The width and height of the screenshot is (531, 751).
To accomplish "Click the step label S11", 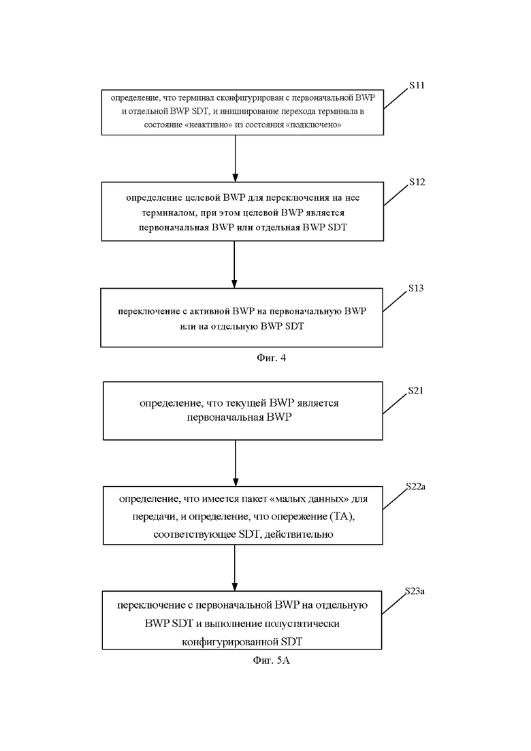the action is point(417,85).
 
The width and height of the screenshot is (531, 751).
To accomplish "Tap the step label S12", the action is point(417,182).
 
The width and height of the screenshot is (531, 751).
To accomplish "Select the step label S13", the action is point(415,288).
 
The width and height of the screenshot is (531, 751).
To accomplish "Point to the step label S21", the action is point(415,391).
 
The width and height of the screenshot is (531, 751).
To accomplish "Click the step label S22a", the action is point(415,487).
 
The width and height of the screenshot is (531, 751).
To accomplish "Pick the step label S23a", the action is point(415,591).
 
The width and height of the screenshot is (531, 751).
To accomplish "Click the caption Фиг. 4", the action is point(272,357).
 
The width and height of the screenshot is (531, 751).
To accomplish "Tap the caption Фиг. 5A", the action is point(272,660).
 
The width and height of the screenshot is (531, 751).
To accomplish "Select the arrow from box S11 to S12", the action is point(235,159).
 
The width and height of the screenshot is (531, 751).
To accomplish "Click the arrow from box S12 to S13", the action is point(234,264).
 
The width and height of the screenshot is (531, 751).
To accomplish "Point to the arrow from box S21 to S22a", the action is point(235,463).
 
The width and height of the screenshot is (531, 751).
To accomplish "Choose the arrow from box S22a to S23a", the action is point(235,568).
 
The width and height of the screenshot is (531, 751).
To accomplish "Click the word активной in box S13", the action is point(212,311).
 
